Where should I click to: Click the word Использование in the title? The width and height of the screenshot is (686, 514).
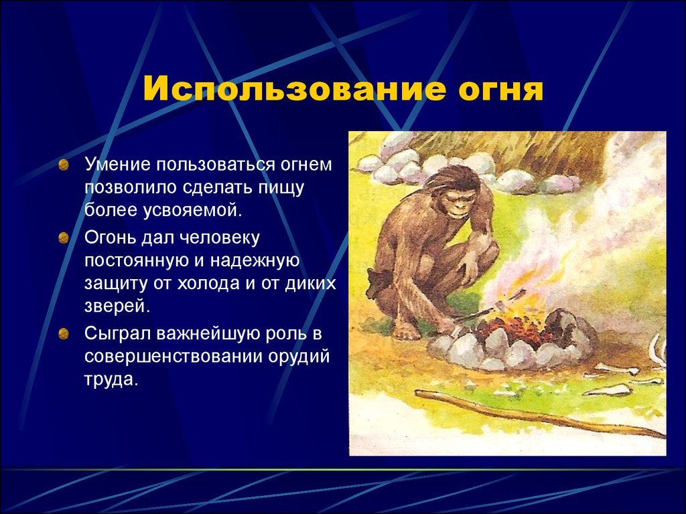pyautogui.click(x=295, y=90)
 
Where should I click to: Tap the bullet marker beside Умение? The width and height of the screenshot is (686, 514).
pyautogui.click(x=64, y=165)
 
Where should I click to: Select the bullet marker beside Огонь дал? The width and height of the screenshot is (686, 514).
pyautogui.click(x=64, y=238)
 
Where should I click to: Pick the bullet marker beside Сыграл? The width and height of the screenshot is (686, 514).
pyautogui.click(x=64, y=334)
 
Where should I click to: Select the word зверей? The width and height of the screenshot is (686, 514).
pyautogui.click(x=117, y=307)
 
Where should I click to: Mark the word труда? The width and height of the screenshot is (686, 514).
pyautogui.click(x=111, y=379)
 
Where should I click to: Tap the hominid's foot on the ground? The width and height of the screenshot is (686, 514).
pyautogui.click(x=406, y=331)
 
